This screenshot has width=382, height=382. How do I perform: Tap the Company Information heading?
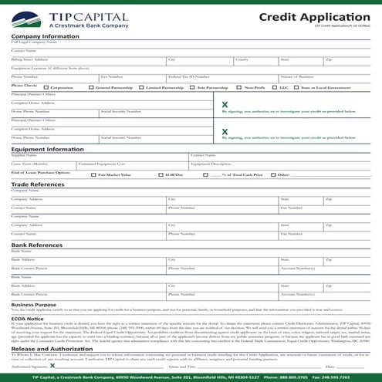pyautogui.click(x=45, y=36)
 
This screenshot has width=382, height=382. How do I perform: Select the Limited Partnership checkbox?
pyautogui.click(x=142, y=88)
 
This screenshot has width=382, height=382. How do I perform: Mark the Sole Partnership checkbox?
pyautogui.click(x=193, y=88)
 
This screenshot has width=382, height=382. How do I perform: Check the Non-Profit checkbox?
pyautogui.click(x=240, y=88)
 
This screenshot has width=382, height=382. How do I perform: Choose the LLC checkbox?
pyautogui.click(x=276, y=88)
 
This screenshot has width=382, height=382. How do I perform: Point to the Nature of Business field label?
pyautogui.click(x=296, y=77)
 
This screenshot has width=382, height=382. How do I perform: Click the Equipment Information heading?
pyautogui.click(x=47, y=149)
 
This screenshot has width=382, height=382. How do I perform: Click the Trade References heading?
pyautogui.click(x=38, y=184)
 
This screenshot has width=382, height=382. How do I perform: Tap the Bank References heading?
pyautogui.click(x=36, y=244)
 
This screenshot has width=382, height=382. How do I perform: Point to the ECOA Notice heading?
pyautogui.click(x=28, y=317)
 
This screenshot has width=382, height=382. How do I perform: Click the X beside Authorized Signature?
pyautogui.click(x=52, y=366)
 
